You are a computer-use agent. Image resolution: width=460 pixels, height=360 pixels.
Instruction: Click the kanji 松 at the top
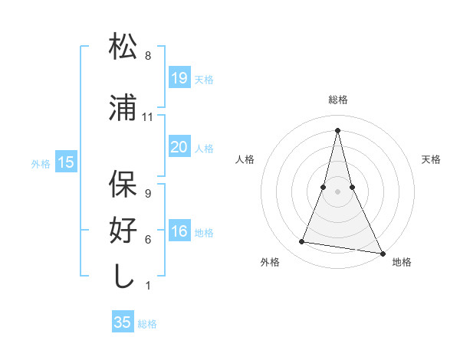[123, 47]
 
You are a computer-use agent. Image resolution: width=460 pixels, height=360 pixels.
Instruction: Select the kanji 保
[123, 185]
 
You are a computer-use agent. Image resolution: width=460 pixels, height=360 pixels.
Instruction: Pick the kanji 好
[123, 230]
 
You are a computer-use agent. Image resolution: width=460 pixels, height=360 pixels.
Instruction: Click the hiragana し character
[123, 274]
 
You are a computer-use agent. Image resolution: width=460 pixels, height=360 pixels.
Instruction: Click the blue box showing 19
[179, 78]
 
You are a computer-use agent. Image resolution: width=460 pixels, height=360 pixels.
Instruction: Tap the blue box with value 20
[179, 147]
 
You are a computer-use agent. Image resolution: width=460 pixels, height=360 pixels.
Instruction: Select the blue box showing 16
[179, 232]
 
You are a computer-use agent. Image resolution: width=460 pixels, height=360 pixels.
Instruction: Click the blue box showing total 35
[123, 322]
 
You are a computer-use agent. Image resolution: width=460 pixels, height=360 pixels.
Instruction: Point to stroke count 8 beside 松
[148, 56]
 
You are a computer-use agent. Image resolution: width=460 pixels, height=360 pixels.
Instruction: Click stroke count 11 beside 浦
[148, 117]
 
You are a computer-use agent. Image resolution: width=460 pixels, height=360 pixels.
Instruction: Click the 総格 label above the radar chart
[338, 100]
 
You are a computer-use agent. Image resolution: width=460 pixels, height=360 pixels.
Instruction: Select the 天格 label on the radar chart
[431, 159]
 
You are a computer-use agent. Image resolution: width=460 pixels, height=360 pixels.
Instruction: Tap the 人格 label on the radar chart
[245, 159]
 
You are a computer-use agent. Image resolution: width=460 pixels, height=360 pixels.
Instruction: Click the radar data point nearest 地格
[382, 253]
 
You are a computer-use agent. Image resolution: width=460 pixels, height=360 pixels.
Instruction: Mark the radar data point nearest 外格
[302, 242]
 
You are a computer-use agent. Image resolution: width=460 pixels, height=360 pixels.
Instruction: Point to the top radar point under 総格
[338, 129]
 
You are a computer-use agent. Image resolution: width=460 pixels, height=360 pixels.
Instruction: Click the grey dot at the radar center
[338, 191]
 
